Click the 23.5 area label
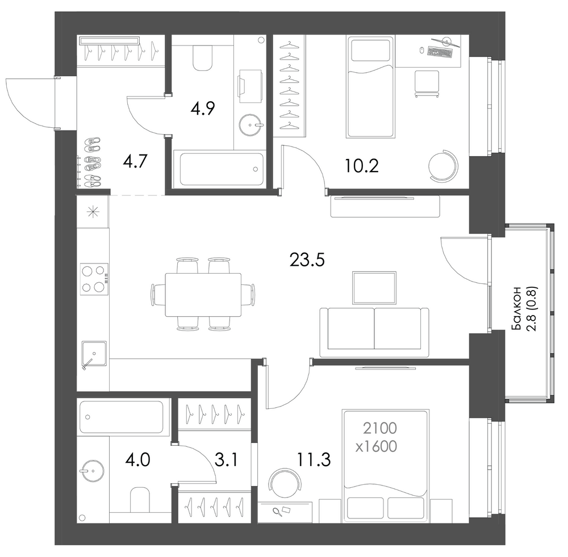pos(307,259)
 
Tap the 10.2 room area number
pos(361,166)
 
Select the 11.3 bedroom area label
pos(314,460)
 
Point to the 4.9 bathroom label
pos(203,108)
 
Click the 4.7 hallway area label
pos(135,161)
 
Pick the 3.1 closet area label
pos(226,460)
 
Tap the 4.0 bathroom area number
pos(137,460)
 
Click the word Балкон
pos(516,308)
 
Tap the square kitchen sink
pos(94,354)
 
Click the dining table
pos(203,295)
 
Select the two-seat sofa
pos(374,333)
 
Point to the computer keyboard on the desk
pos(440,52)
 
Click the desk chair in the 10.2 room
pos(427,84)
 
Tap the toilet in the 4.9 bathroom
pos(203,57)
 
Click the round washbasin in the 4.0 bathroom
pos(92,471)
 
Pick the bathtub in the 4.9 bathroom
pos(219,170)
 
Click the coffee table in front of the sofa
pos(374,287)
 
